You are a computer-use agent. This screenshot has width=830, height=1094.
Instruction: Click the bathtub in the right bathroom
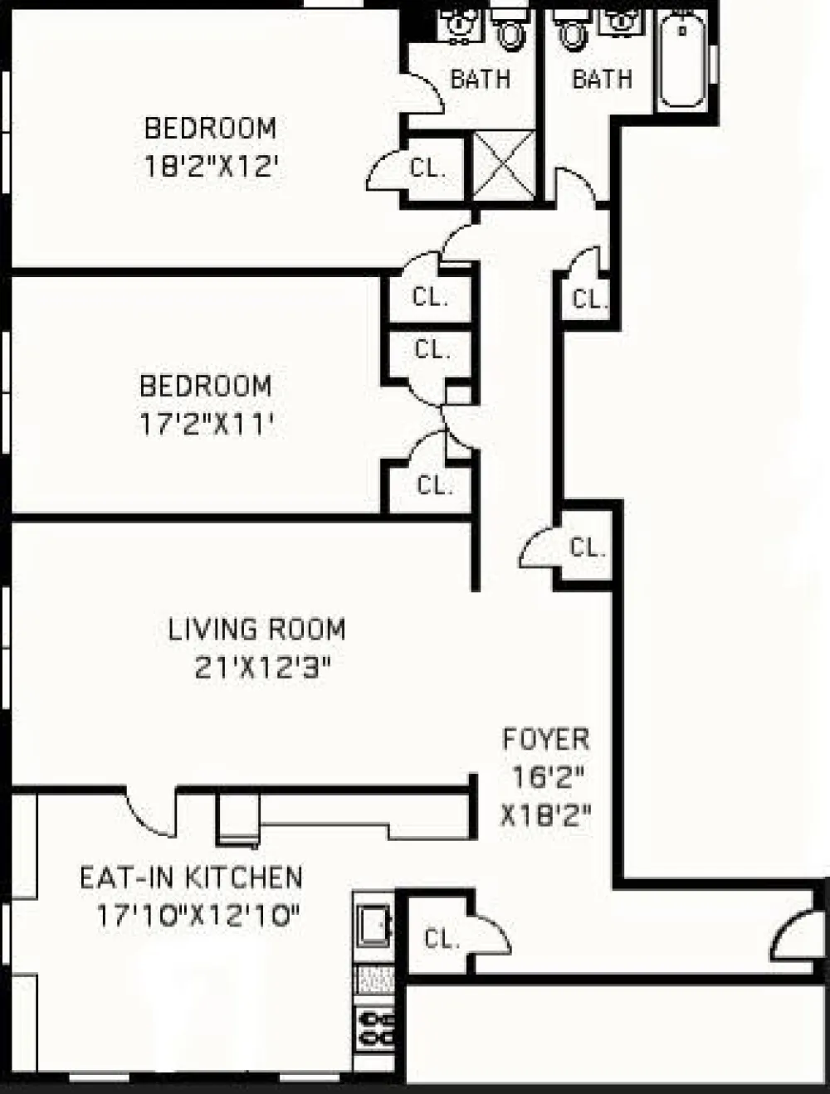[x=682, y=60]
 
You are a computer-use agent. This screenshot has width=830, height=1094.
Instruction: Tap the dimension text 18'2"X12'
[x=211, y=167]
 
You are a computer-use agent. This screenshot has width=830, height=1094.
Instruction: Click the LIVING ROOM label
[x=256, y=629]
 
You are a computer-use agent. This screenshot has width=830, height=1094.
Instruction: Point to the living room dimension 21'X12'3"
[x=263, y=668]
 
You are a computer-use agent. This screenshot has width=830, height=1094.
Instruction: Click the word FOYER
[x=545, y=739]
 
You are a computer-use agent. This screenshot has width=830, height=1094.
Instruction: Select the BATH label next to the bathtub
[x=602, y=80]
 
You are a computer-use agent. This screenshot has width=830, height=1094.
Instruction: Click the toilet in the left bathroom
[x=509, y=31]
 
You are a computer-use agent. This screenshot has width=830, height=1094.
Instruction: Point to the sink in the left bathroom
[x=459, y=25]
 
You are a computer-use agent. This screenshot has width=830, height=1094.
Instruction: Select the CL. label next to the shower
[x=427, y=168]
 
